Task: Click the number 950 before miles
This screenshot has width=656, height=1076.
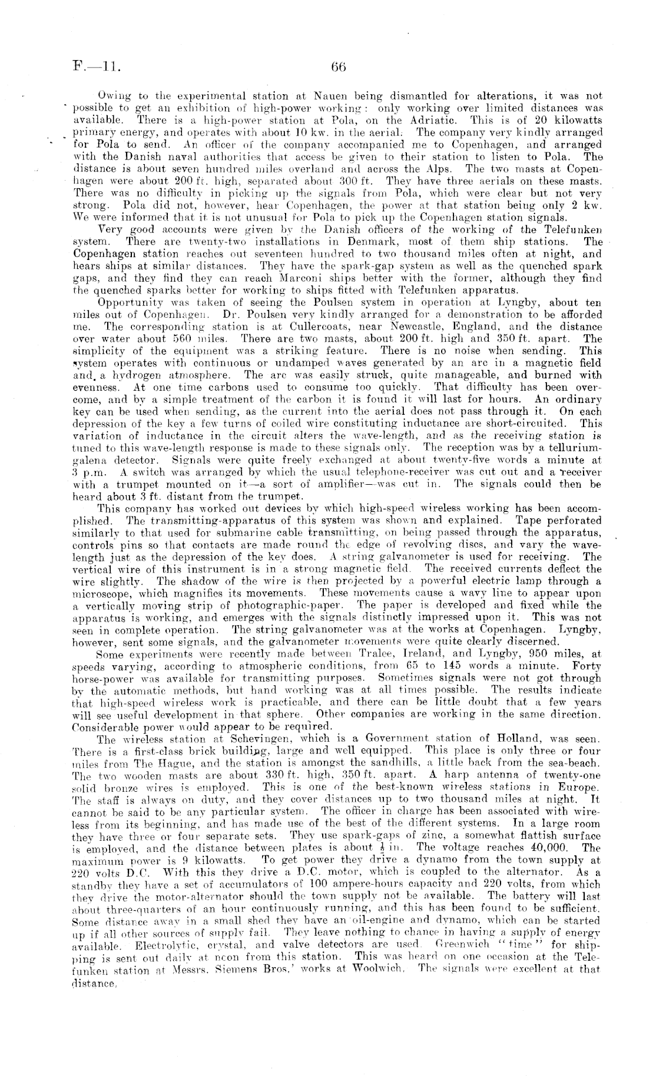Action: [x=535, y=654]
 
